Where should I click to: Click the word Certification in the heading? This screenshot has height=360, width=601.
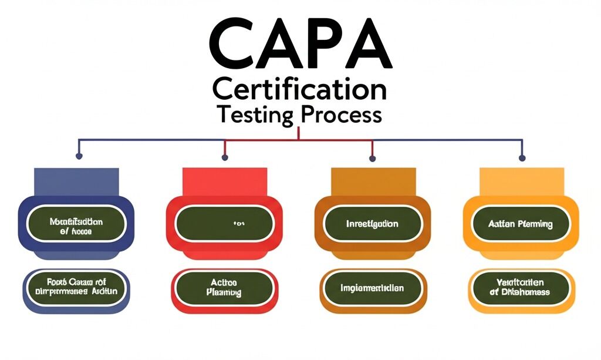pyautogui.click(x=300, y=90)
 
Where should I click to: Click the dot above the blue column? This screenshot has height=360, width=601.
pyautogui.click(x=79, y=157)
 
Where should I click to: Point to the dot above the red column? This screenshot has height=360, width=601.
pyautogui.click(x=225, y=157)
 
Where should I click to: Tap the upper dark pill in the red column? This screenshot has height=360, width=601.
pyautogui.click(x=225, y=224)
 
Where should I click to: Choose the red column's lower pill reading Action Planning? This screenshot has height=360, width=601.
pyautogui.click(x=225, y=288)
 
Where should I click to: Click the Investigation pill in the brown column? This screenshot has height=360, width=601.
pyautogui.click(x=372, y=224)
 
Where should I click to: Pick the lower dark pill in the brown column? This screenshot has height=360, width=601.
pyautogui.click(x=372, y=288)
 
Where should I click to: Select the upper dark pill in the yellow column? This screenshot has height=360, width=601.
pyautogui.click(x=521, y=224)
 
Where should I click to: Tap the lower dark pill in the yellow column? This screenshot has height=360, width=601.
pyautogui.click(x=521, y=288)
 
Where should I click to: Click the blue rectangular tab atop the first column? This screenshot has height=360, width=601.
pyautogui.click(x=76, y=181)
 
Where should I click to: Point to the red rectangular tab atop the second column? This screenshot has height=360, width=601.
pyautogui.click(x=225, y=181)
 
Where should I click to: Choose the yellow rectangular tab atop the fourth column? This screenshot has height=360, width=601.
pyautogui.click(x=521, y=181)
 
